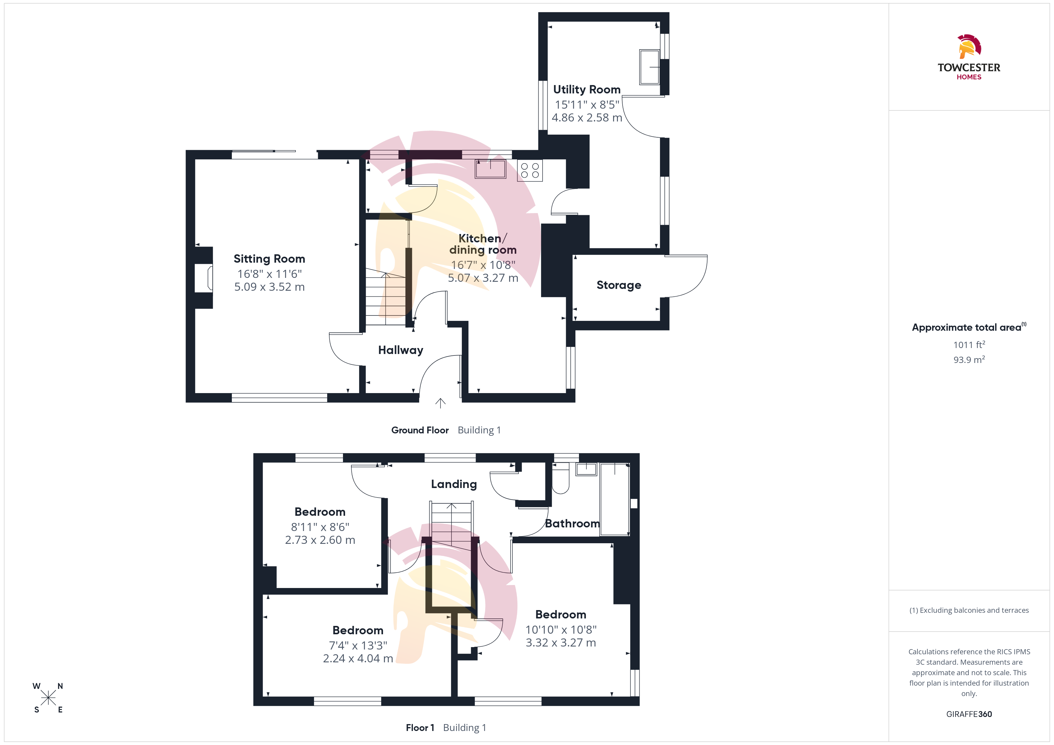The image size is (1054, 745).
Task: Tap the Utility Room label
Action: [x=587, y=90]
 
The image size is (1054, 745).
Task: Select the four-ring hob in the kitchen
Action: [x=530, y=170]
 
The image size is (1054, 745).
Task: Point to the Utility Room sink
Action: [x=649, y=67]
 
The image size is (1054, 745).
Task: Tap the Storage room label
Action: [x=619, y=285]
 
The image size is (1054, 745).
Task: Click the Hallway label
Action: [x=401, y=350]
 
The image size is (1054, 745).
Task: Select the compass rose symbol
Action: [x=48, y=698]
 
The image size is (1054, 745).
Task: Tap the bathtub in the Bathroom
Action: [x=615, y=499]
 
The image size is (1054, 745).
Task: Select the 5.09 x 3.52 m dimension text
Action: [x=269, y=287]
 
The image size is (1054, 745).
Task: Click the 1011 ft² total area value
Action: [x=969, y=344]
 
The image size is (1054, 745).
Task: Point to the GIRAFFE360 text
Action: [x=969, y=714]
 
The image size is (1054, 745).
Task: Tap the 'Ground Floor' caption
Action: [x=420, y=430]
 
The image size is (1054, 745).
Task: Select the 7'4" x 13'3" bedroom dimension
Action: [x=358, y=645]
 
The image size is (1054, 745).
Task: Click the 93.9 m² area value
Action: [x=969, y=360]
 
